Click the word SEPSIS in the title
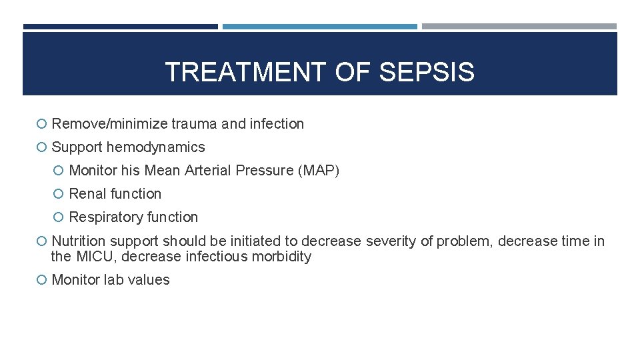pos(427,72)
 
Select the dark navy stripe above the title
pos(120,27)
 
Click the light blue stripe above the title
pos(319,27)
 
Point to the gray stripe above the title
pos(519,27)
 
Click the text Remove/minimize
pos(109,124)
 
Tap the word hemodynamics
pos(156,147)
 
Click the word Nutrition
pos(79,241)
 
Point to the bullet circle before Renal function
pos(59,194)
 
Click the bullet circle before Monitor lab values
pos(42,280)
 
